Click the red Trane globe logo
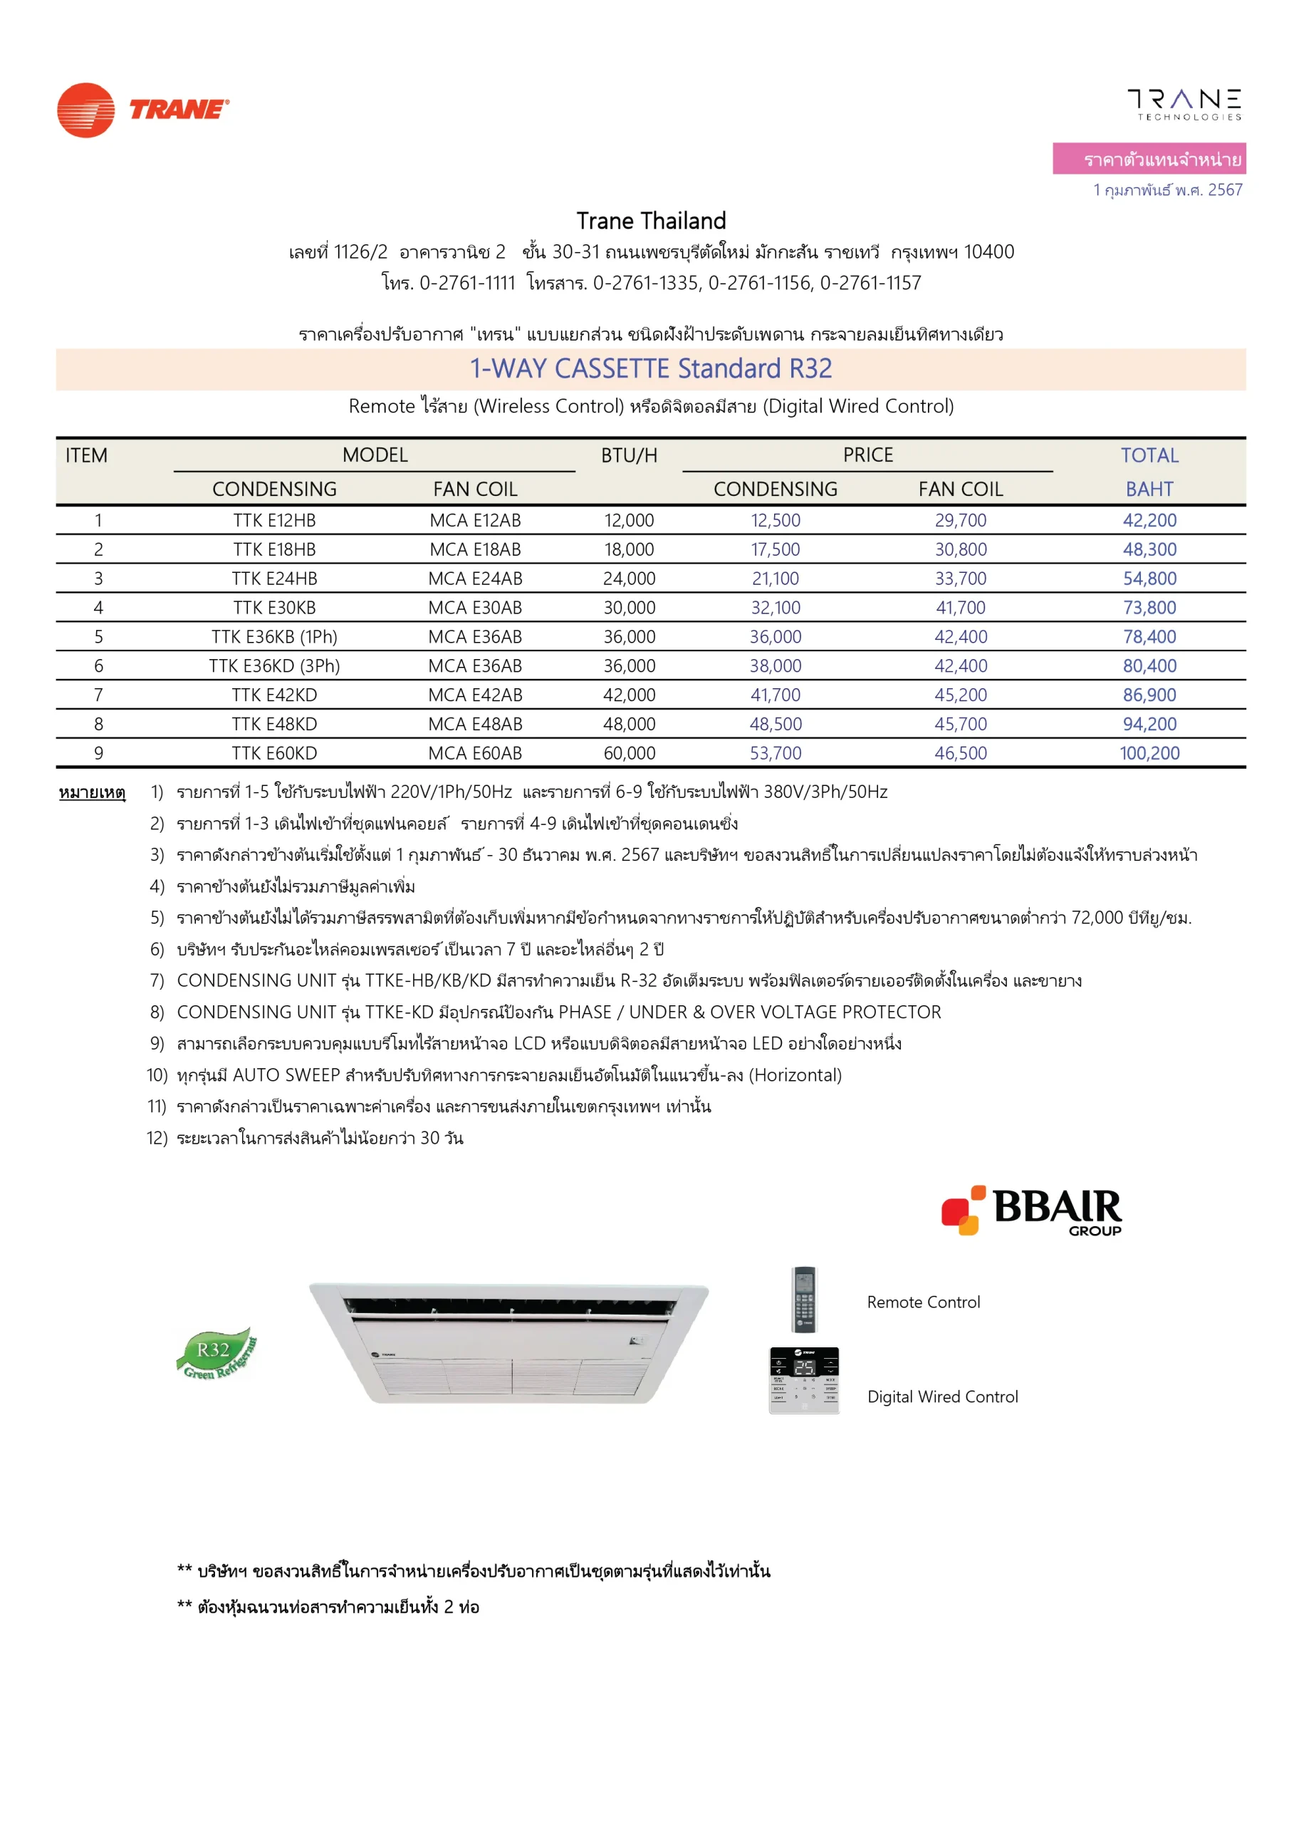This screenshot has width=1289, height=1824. tap(85, 110)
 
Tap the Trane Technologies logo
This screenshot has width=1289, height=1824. tap(1184, 104)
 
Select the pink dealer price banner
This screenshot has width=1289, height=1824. tap(1149, 159)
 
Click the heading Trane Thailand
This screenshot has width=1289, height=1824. tap(651, 221)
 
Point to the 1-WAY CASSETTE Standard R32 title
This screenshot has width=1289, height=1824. tap(650, 368)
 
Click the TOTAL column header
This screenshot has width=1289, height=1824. tap(1149, 455)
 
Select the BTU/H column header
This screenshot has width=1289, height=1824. tap(629, 455)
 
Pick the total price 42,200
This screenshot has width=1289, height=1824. tap(1149, 520)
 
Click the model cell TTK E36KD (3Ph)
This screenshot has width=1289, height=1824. tap(274, 665)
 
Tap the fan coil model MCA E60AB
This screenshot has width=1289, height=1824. tap(475, 753)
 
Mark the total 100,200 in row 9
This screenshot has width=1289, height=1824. tap(1149, 753)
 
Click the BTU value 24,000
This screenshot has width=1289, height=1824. tap(629, 579)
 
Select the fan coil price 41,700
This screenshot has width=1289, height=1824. tap(960, 608)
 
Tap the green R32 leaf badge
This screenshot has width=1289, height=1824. tap(216, 1353)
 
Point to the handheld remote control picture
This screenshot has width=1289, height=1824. tap(805, 1299)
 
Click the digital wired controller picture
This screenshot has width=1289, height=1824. tap(804, 1380)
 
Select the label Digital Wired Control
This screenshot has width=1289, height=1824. tap(942, 1396)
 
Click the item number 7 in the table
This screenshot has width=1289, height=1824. tap(98, 695)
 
